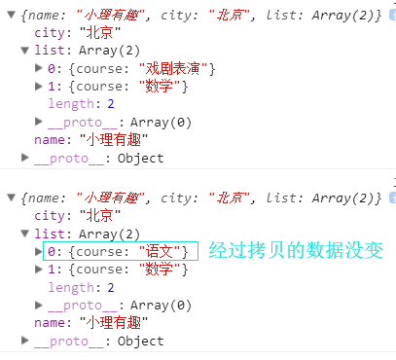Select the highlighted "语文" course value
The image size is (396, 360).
point(161,251)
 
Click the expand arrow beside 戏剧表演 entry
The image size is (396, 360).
point(38,67)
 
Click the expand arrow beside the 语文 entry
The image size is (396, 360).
point(38,251)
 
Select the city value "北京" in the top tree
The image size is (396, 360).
point(95,30)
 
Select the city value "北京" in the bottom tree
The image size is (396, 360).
point(95,214)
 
